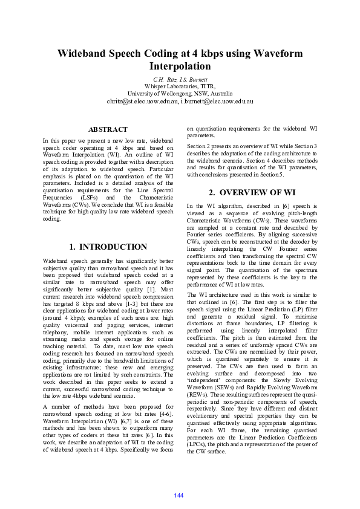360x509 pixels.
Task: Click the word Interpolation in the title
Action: (x=180, y=66)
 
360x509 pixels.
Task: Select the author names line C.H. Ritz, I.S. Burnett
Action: (x=180, y=79)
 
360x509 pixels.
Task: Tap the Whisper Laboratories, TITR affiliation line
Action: (x=180, y=86)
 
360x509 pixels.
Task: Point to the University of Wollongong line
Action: (x=180, y=94)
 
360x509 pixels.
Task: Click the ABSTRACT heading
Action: (x=108, y=129)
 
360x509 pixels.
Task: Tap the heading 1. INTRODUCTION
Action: (x=108, y=247)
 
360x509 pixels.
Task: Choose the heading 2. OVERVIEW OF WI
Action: (x=252, y=193)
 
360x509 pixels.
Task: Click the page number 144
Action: (x=178, y=496)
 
